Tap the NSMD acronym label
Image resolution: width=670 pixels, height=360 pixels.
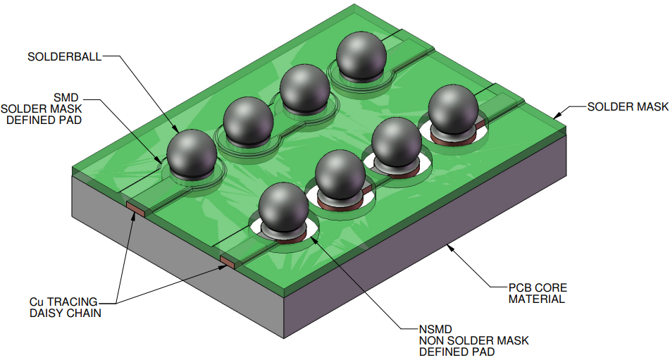coord(433,328)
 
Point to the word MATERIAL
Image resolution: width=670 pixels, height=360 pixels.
coord(537,299)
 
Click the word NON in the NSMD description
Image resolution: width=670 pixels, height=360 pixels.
coord(430,340)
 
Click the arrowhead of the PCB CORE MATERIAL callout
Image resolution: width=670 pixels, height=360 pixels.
coord(449,246)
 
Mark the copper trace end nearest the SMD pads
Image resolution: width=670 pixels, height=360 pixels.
coord(135,206)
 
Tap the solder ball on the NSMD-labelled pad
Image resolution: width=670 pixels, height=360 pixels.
coord(283,206)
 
